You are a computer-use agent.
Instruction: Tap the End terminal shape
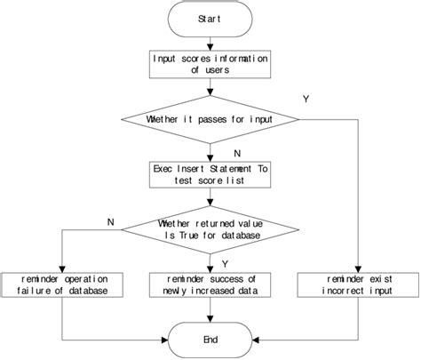210,338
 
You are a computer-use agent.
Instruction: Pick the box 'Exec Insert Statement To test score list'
210,173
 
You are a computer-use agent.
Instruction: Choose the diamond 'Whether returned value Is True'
210,229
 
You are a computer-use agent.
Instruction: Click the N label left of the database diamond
109,220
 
